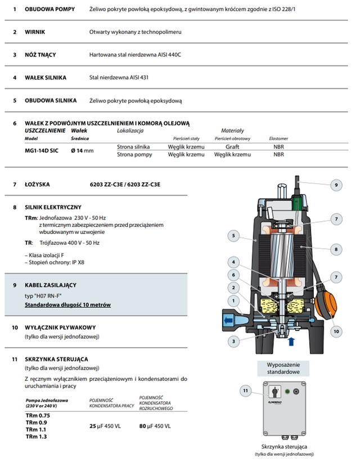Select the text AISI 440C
(x=172, y=55)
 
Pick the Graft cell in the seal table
(x=232, y=146)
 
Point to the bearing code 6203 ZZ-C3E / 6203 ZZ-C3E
(x=125, y=185)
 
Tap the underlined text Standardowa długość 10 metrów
(x=67, y=304)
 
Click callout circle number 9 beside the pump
(x=336, y=185)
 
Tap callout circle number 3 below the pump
(x=232, y=341)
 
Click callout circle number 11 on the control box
(x=245, y=389)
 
